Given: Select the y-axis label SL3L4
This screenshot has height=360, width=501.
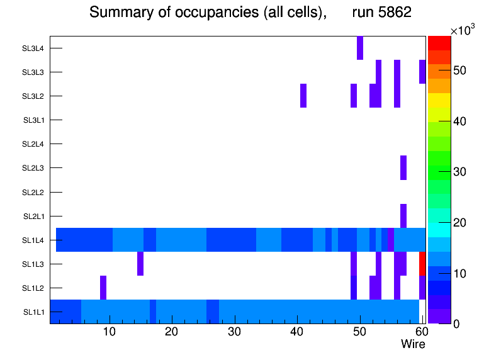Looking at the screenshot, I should click(33, 48).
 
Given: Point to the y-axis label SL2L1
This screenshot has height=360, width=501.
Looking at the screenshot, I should click(33, 217).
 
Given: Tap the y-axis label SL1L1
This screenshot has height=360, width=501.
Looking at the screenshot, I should click(33, 312).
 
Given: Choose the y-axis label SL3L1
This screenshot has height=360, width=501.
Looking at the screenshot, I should click(33, 120).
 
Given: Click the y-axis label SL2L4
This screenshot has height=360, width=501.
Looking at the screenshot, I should click(33, 144).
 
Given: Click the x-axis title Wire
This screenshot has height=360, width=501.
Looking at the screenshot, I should click(413, 344).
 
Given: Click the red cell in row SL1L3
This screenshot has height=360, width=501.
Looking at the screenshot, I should click(422, 264).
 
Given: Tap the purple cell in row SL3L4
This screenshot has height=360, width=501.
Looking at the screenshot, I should click(360, 48).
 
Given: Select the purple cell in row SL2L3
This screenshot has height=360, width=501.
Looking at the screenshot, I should click(403, 167).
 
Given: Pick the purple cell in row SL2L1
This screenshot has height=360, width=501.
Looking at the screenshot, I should click(403, 216).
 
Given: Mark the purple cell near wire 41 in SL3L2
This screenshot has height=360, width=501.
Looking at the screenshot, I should click(303, 96).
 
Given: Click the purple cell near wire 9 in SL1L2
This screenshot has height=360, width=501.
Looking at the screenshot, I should click(103, 288).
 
